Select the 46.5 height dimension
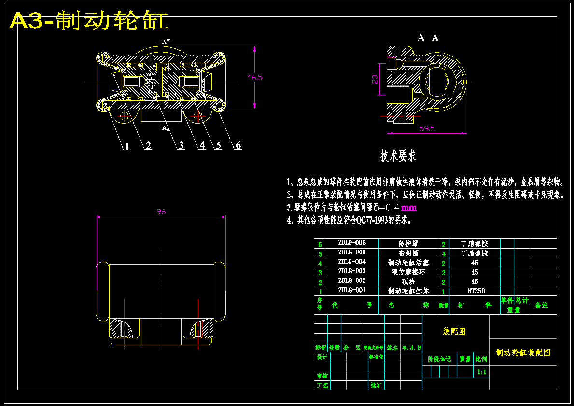click(254, 77)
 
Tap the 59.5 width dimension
click(427, 128)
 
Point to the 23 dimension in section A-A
click(375, 80)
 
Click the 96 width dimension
click(161, 211)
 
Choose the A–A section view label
click(428, 38)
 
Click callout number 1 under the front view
click(127, 147)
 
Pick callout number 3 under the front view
click(181, 145)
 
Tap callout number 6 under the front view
click(238, 145)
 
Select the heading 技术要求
click(398, 156)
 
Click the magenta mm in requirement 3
click(408, 208)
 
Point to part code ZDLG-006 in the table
click(352, 243)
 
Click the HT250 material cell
click(476, 291)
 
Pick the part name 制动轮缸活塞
click(408, 263)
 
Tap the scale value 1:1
click(481, 372)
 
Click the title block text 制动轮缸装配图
click(523, 353)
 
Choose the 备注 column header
click(542, 305)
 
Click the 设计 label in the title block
click(322, 357)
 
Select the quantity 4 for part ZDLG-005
click(443, 253)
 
